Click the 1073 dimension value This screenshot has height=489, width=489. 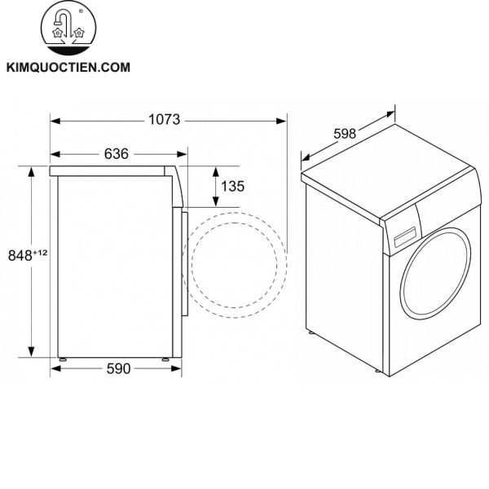(165, 120)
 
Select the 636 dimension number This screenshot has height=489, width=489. (116, 154)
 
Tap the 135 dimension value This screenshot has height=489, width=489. (232, 186)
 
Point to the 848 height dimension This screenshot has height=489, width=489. (20, 256)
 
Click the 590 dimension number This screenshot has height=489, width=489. (118, 369)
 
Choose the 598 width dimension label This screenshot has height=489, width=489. (345, 134)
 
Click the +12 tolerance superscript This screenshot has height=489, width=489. (40, 253)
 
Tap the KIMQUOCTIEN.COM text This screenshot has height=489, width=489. (68, 68)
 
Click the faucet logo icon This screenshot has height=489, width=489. (68, 28)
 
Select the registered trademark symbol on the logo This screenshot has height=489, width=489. (81, 11)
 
